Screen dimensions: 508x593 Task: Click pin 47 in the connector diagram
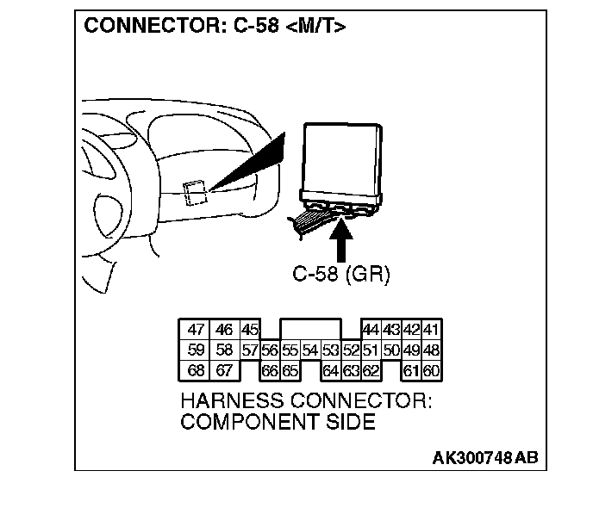click(196, 330)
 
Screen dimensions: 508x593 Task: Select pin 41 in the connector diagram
click(431, 330)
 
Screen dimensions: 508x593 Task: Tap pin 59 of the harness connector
click(196, 350)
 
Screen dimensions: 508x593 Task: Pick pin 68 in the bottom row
click(196, 371)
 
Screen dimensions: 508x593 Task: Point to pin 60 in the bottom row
click(431, 371)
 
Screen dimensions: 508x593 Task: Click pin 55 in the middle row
click(290, 350)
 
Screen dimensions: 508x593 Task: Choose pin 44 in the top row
click(371, 330)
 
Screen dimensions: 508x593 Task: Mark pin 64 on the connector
click(331, 371)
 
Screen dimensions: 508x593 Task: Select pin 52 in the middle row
click(351, 350)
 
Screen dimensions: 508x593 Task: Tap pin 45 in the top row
click(250, 330)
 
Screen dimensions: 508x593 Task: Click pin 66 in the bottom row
click(270, 371)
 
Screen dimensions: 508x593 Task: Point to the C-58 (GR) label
click(342, 275)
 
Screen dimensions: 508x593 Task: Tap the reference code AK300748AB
click(484, 457)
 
